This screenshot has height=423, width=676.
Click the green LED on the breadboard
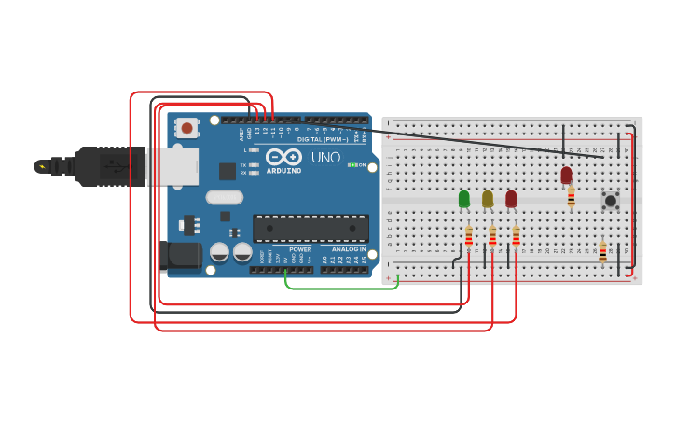(463, 199)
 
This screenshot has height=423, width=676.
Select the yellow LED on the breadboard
(487, 198)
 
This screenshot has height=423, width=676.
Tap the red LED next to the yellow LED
(511, 198)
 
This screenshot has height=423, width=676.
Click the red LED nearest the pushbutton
(566, 175)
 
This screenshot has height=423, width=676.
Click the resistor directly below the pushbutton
(602, 251)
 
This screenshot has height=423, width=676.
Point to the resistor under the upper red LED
(571, 197)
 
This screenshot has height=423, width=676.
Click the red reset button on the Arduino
(187, 128)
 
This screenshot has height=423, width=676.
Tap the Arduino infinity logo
(283, 157)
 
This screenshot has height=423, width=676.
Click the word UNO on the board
(325, 158)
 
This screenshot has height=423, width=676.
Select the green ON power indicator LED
(352, 165)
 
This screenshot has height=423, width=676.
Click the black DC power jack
(182, 257)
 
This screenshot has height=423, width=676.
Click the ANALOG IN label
(349, 249)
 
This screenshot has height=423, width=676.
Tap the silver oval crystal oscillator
(224, 197)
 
